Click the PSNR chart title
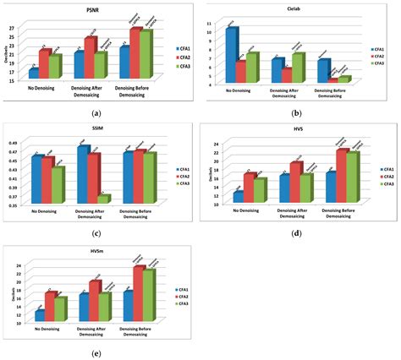(x=92, y=11)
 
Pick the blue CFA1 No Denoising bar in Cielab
(x=231, y=56)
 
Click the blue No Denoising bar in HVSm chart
(x=39, y=316)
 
